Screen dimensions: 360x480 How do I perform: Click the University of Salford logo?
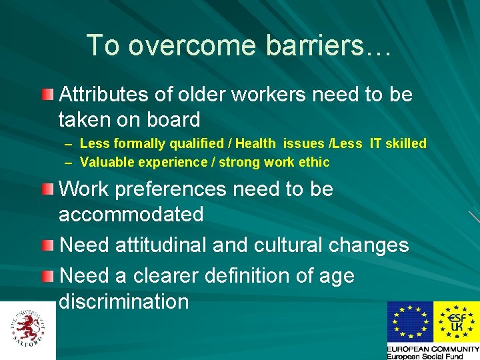point(28,329)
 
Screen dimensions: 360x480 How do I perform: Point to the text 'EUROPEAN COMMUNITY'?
point(433,349)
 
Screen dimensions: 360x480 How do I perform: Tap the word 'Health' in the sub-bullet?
point(255,143)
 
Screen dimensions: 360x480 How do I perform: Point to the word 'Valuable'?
point(106,162)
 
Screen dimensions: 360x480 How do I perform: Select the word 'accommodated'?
point(131,215)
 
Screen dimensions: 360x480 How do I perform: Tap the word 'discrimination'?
point(124,301)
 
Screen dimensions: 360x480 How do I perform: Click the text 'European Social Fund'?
point(425,357)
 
